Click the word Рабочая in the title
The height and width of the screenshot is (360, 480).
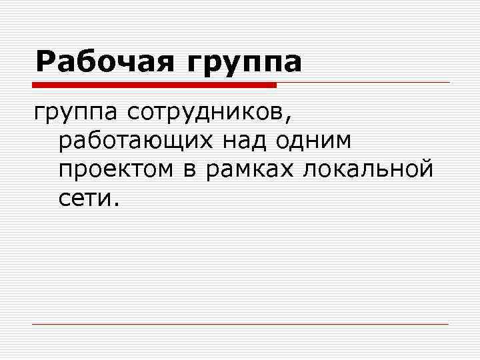click(106, 62)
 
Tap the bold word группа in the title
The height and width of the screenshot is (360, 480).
click(245, 63)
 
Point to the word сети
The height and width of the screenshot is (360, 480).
click(83, 198)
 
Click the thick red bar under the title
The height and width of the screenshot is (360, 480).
click(154, 85)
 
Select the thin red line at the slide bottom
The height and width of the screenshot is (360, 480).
click(240, 324)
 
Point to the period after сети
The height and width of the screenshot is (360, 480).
click(117, 203)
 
